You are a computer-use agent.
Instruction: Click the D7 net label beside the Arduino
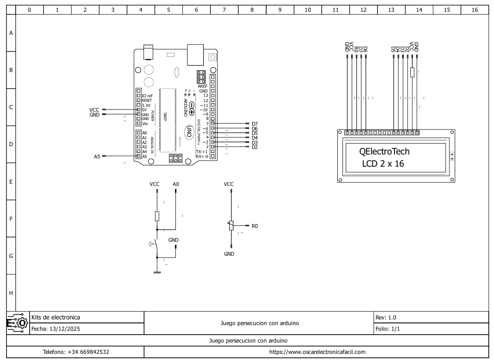[254, 124]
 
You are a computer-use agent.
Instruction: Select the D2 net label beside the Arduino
[254, 147]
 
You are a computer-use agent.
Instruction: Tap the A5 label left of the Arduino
[97, 156]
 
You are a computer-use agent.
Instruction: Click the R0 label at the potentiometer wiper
[254, 226]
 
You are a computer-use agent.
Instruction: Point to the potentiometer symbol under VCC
[231, 225]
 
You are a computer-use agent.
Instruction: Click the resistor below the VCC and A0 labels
[157, 216]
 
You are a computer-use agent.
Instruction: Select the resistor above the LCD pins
[412, 72]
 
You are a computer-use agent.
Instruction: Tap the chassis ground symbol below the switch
[157, 272]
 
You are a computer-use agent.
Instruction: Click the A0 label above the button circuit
[175, 184]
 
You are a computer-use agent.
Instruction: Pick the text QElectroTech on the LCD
[384, 151]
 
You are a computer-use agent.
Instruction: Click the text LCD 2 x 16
[383, 164]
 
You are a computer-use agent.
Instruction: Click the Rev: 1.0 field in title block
[386, 318]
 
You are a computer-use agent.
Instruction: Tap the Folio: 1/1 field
[388, 329]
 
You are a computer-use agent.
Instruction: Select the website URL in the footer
[317, 352]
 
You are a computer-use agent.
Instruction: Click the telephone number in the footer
[76, 352]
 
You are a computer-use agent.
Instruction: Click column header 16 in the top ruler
[474, 10]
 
